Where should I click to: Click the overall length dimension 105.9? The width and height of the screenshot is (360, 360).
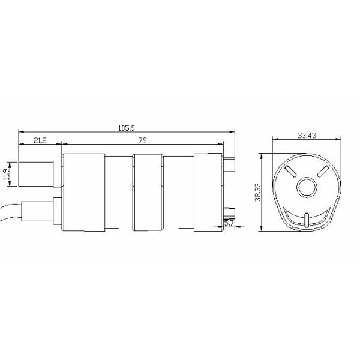point(126,127)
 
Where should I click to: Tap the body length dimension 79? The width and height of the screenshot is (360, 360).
point(143,140)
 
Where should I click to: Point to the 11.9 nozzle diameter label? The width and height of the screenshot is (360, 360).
point(6,175)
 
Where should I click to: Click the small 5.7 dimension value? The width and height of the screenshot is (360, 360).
point(229,223)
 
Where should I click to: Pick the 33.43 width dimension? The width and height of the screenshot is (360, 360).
point(306,135)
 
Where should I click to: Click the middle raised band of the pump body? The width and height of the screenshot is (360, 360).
point(148,192)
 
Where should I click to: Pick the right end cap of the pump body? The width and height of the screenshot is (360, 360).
point(208,192)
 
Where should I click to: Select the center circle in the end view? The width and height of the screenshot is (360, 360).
point(307,187)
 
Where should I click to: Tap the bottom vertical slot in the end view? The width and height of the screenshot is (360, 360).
point(307,220)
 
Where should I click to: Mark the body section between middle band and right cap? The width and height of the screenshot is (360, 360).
point(178,192)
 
